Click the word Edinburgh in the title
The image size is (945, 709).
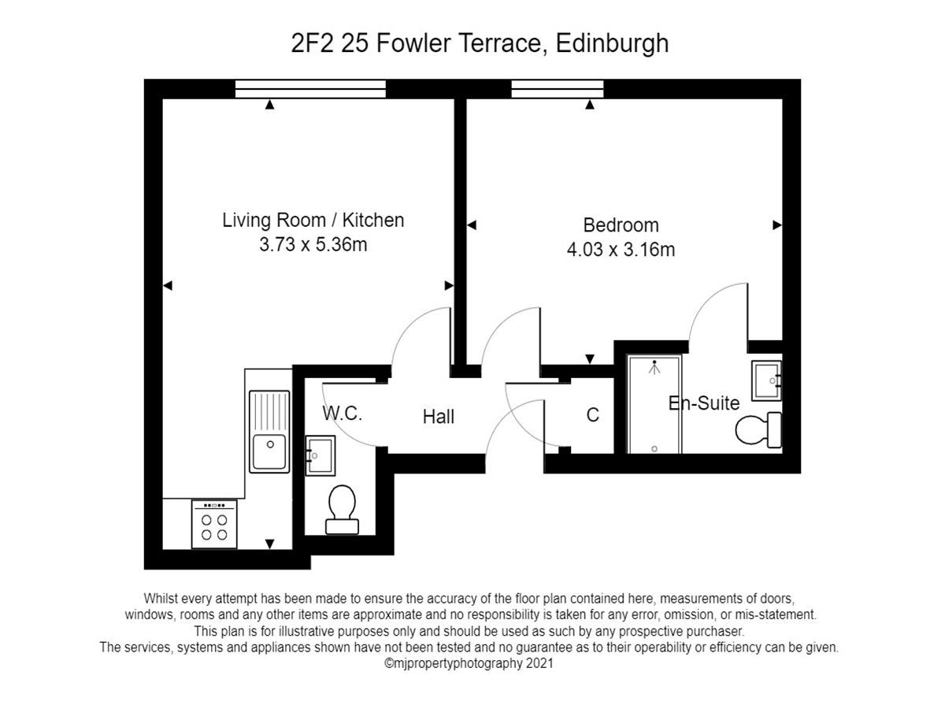coord(612,44)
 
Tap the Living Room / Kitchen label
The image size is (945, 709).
coord(313,220)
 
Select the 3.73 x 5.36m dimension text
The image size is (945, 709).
coord(313,244)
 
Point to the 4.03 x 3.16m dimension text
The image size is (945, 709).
coord(621,250)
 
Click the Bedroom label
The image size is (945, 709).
coord(621,225)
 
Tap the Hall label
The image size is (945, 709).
coord(439,417)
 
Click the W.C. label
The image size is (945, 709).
coord(343,414)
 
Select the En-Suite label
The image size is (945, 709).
coord(704,403)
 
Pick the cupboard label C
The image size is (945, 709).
coord(592,415)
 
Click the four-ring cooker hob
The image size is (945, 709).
coord(214,525)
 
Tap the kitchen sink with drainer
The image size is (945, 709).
coord(269,432)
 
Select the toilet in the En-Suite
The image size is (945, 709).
coord(758,430)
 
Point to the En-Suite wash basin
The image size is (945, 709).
coord(766,381)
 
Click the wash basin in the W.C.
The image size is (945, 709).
coord(321,455)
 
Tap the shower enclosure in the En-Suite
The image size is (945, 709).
coord(654,404)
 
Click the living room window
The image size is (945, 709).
coord(310,89)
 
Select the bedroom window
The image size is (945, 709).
coord(558,89)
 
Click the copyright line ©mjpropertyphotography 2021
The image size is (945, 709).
coord(469,663)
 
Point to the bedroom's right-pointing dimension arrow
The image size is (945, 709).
coord(777,225)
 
